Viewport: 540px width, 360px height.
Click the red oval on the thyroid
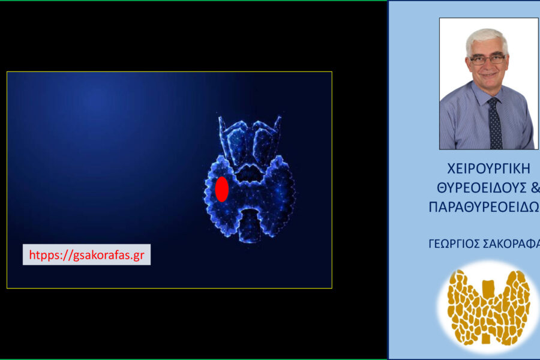click(222, 189)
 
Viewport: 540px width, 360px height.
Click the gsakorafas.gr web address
click(109, 255)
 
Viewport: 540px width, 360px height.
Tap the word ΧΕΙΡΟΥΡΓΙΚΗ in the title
click(488, 169)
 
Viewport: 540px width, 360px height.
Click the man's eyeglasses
click(488, 60)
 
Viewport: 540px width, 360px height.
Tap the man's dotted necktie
click(495, 123)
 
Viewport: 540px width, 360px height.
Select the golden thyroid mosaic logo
click(488, 307)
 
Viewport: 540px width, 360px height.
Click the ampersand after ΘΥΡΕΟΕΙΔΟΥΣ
click(535, 188)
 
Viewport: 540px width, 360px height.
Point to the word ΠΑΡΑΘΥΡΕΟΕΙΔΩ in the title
click(484, 208)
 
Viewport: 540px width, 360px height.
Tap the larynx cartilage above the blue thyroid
click(250, 141)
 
